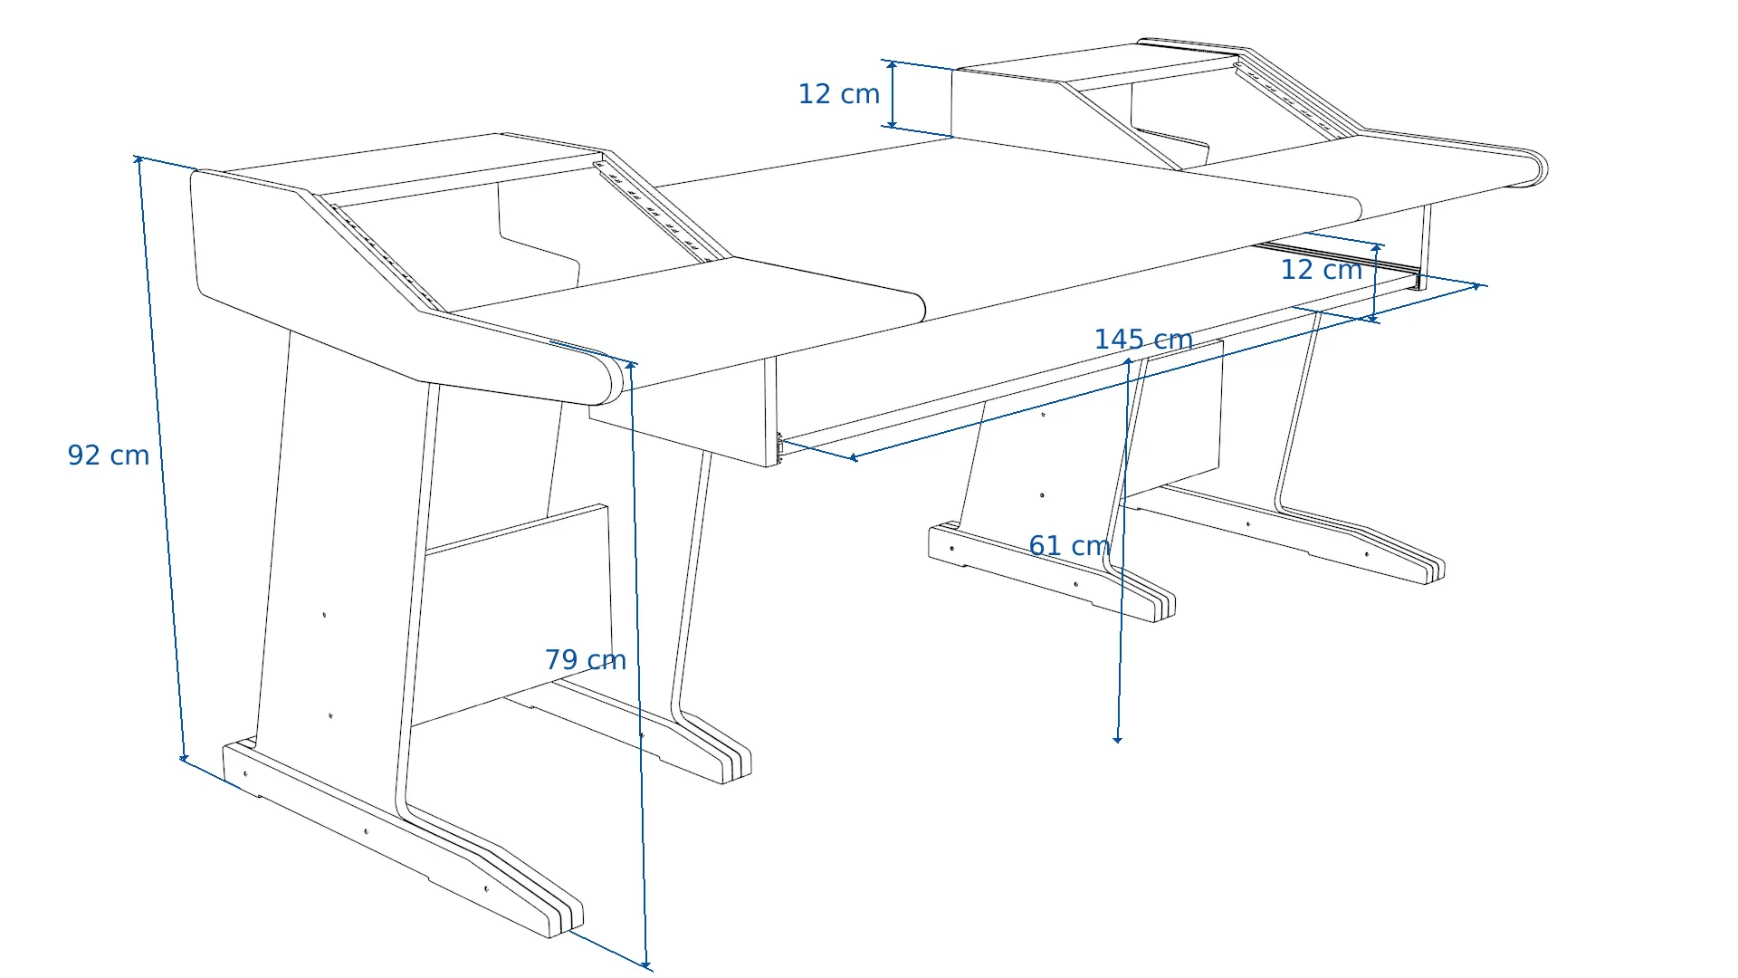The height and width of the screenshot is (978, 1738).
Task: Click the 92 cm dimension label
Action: click(x=109, y=455)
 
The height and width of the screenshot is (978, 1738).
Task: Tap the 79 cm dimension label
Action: click(x=586, y=659)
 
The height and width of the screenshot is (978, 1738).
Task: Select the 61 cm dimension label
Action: click(x=1069, y=545)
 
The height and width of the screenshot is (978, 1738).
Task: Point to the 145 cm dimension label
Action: click(x=1143, y=340)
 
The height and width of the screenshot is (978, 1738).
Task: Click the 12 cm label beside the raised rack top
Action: click(x=839, y=93)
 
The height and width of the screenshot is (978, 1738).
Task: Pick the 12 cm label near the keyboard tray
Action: click(x=1322, y=269)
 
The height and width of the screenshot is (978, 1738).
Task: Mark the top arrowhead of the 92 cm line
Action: click(x=138, y=160)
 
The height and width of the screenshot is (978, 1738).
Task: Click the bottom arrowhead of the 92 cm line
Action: click(x=184, y=757)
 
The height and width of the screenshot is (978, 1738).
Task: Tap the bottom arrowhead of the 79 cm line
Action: click(x=646, y=964)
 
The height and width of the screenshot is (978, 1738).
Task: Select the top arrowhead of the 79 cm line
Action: click(x=631, y=365)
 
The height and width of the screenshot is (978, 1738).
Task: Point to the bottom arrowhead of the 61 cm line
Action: click(x=1117, y=739)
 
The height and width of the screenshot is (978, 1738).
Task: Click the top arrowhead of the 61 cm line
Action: click(x=1128, y=361)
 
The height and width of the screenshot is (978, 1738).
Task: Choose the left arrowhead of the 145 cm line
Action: click(x=853, y=457)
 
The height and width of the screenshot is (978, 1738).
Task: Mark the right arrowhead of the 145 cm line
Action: click(x=1475, y=286)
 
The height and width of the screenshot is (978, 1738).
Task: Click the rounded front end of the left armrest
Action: click(x=607, y=379)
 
